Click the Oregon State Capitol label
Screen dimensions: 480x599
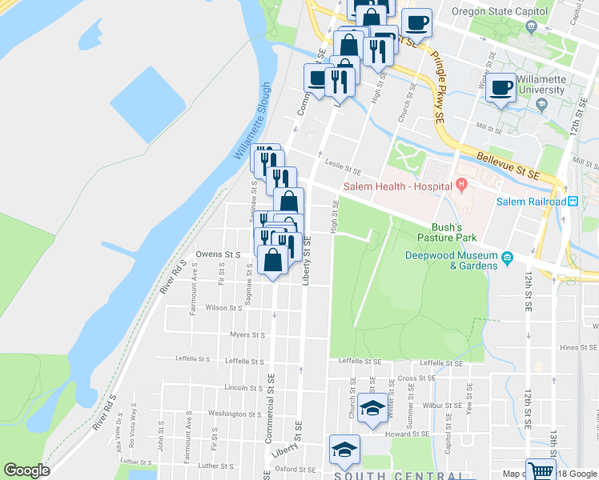pyautogui.click(x=499, y=12)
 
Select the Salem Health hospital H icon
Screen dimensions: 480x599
pyautogui.click(x=460, y=186)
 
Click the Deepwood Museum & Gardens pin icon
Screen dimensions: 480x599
pyautogui.click(x=507, y=258)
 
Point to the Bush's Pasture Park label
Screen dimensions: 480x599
pyautogui.click(x=446, y=232)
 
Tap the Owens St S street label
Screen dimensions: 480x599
pyautogui.click(x=218, y=254)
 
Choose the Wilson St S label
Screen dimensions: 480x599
pyautogui.click(x=223, y=307)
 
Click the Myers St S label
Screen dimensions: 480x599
pyautogui.click(x=246, y=334)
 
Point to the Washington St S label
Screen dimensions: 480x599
pyautogui.click(x=234, y=414)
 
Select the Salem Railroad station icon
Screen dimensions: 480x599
pyautogui.click(x=573, y=201)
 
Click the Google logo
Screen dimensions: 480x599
pyautogui.click(x=26, y=470)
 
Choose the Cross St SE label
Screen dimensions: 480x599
pyautogui.click(x=416, y=378)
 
